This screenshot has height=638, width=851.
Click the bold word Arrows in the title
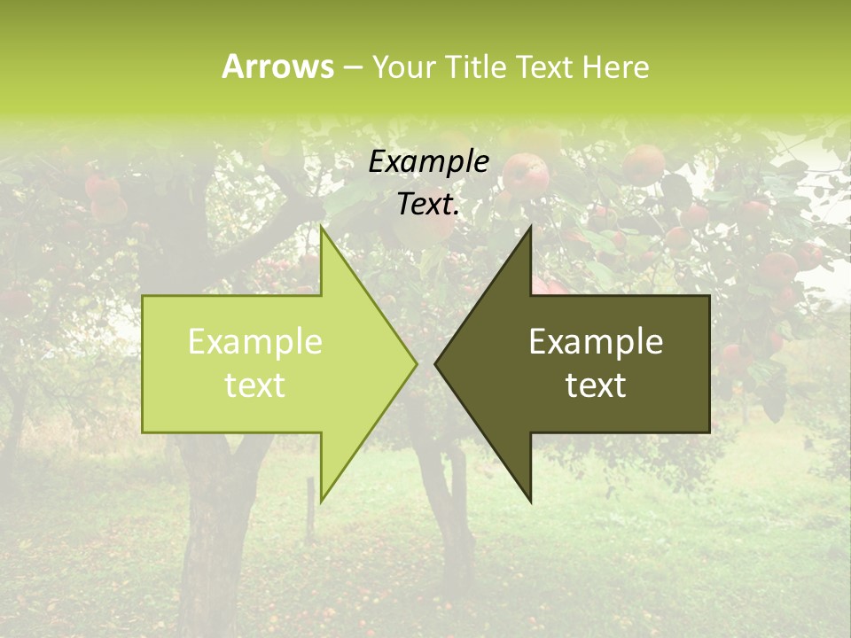pos(277,66)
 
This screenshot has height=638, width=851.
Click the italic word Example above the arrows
pos(429,162)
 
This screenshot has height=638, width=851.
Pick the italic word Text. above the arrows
pos(429,205)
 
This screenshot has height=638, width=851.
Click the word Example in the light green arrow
pos(255,342)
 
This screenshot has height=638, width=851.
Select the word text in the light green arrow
pos(255,385)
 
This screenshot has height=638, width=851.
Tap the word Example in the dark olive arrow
pos(596,342)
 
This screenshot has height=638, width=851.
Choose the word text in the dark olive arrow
pos(596,385)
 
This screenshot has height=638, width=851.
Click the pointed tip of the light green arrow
pos(415,362)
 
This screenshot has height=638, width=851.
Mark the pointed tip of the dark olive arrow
pos(436,362)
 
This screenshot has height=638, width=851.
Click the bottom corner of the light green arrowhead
pos(321,501)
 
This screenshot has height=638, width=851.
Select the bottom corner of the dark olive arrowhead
pos(530,501)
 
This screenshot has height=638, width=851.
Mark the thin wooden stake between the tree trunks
pos(309,510)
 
